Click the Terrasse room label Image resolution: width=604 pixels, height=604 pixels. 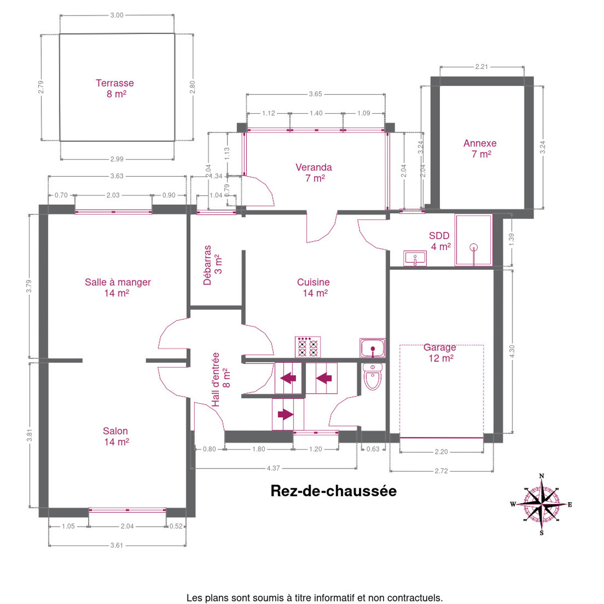pos(115,89)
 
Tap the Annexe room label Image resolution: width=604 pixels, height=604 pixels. pos(480,148)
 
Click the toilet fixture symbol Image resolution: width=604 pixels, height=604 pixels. pos(372,376)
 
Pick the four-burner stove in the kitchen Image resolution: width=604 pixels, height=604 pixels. pos(308,347)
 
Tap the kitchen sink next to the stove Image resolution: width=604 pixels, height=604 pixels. pos(372,348)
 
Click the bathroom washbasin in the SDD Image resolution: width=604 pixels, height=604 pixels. pos(415,258)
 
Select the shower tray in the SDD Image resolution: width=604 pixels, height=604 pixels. pos(473,240)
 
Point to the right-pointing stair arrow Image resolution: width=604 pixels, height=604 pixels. pos(285,414)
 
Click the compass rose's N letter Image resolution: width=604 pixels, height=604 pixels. pos(541,476)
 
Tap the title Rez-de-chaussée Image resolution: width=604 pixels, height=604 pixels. pos(334,491)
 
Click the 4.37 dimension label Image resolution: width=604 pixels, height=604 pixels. pos(273,468)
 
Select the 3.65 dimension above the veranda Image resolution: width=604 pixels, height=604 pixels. pos(315,94)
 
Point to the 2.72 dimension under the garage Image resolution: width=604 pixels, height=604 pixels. pos(441,471)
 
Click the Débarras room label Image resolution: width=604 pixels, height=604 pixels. pos(213,265)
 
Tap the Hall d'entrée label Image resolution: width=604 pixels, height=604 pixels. pos(220,380)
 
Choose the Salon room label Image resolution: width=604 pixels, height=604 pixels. pos(116,436)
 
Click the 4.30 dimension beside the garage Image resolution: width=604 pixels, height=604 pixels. pos(512,351)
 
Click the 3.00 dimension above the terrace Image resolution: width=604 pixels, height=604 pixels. pos(117,16)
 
